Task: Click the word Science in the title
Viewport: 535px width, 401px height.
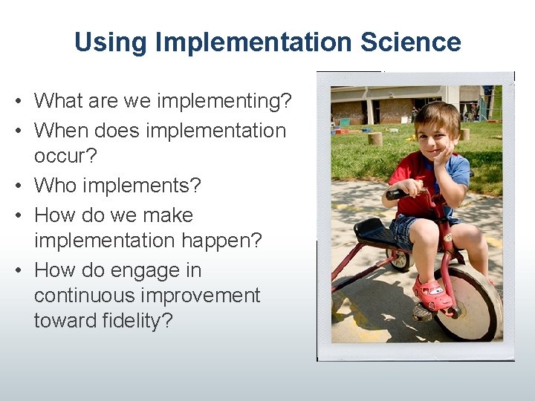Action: click(x=410, y=42)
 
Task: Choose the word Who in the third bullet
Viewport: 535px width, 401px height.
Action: click(x=55, y=184)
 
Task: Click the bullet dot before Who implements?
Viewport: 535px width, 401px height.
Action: click(x=24, y=185)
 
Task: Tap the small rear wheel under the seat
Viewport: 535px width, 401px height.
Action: click(x=400, y=258)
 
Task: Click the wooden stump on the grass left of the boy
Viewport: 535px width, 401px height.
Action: click(x=375, y=138)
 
